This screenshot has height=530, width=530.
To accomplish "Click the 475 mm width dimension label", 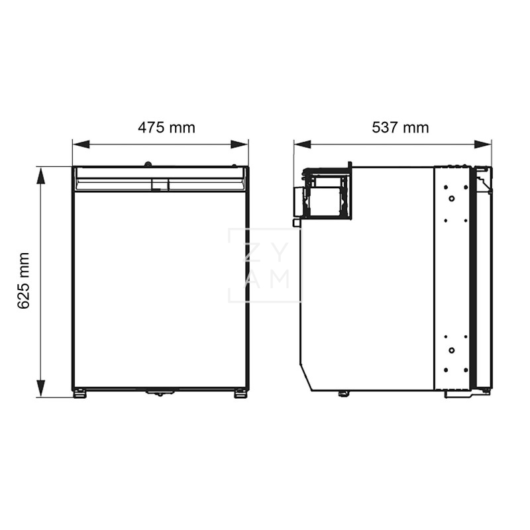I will tap(166, 127).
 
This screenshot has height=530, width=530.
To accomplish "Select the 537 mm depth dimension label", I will tap(400, 127).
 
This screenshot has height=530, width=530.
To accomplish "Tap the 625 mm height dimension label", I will tap(24, 280).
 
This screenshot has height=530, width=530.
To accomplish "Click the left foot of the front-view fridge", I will tap(79, 394).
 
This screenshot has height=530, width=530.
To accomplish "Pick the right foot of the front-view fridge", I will tap(240, 394).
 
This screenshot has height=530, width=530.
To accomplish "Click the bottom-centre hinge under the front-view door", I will tap(159, 393).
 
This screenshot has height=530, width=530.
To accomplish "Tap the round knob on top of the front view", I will tap(148, 164).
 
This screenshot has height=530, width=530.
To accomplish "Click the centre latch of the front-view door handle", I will tap(160, 185).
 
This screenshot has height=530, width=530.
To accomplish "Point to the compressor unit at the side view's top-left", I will tap(324, 193).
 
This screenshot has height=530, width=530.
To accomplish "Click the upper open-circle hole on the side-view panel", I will tap(451, 198).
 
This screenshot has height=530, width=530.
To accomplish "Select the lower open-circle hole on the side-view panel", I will tap(451, 350).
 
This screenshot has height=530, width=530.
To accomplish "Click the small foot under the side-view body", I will tap(343, 394).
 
